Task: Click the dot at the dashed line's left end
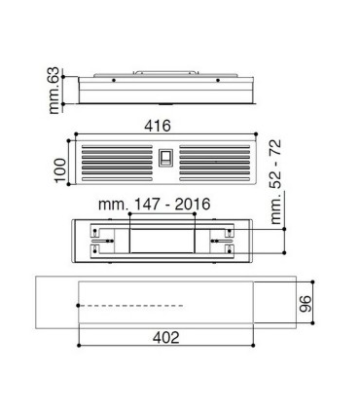(x=78, y=305)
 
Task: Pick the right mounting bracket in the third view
(x=223, y=239)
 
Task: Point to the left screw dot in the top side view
(x=114, y=79)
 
